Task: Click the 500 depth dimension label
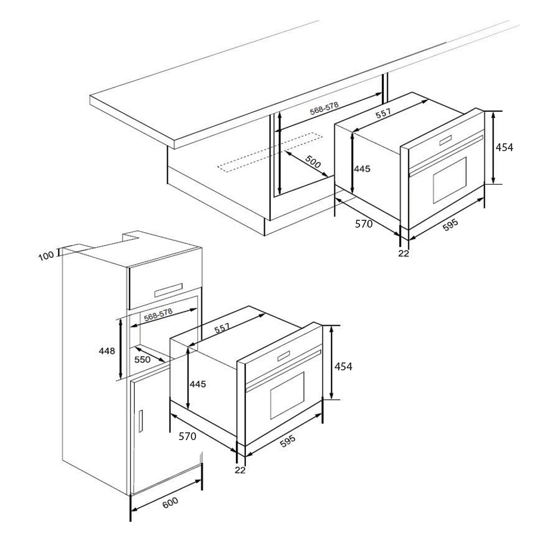(313, 161)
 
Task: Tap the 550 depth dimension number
(142, 360)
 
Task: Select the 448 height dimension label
(107, 351)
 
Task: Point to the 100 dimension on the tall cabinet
(46, 256)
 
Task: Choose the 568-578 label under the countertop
(325, 108)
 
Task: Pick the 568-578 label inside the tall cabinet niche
(158, 315)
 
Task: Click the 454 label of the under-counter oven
(504, 147)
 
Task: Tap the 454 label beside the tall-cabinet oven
(343, 367)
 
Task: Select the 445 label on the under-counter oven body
(362, 168)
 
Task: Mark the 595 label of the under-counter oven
(450, 225)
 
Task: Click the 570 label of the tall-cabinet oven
(187, 436)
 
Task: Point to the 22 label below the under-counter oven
(403, 253)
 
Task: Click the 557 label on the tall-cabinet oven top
(222, 328)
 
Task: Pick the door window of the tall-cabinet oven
(287, 395)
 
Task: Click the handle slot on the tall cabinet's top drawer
(168, 290)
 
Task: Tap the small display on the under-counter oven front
(446, 140)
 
